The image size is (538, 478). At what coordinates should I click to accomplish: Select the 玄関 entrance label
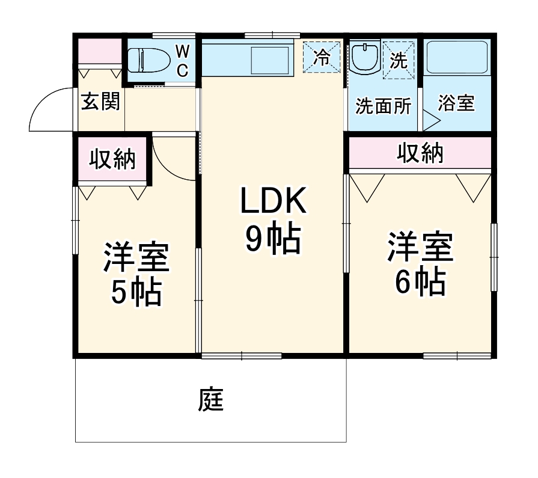[x=100, y=102]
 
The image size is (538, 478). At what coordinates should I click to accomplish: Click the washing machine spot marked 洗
[x=399, y=60]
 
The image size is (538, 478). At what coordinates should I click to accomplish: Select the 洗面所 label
[x=384, y=106]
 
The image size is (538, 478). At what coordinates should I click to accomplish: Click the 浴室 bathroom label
[x=456, y=103]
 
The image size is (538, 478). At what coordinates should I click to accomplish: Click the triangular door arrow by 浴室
[x=431, y=120]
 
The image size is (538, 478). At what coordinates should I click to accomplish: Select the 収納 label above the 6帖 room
[x=420, y=154]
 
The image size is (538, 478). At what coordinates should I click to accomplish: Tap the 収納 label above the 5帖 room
[x=112, y=160]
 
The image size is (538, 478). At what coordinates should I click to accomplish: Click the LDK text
[x=274, y=202]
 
